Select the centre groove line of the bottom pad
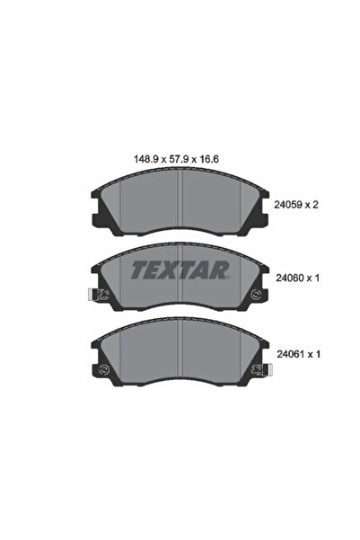pos(182,355)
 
